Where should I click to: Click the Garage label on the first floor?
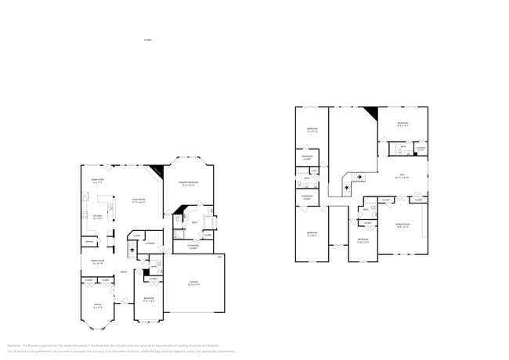coord(193,284)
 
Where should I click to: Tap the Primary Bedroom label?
coord(189,182)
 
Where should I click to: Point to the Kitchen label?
coord(99,217)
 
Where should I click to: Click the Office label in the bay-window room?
coord(97,306)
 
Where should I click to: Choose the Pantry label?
coord(89,242)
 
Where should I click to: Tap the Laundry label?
coord(149,243)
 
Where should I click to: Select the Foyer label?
coord(124,272)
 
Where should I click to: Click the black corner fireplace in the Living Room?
coord(157,171)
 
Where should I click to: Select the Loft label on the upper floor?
coord(402,175)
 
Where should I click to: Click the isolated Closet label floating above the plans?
coord(148,39)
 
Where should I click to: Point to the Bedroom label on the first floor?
coord(149,300)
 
